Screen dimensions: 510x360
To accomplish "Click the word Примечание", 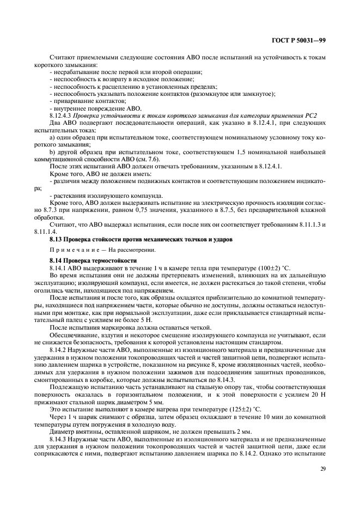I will pyautogui.click(x=72, y=250).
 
